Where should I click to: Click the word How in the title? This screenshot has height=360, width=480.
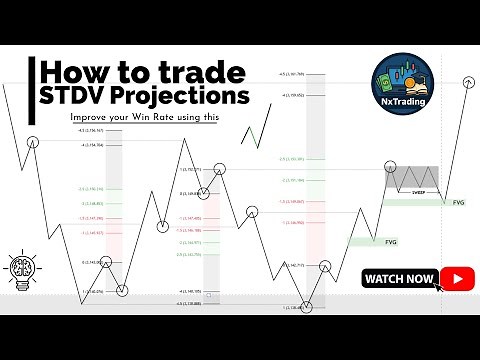(78, 73)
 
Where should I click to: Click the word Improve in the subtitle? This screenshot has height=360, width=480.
(90, 118)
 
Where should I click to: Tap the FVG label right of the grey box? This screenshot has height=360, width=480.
(458, 204)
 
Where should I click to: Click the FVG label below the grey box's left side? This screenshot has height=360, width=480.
(390, 241)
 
